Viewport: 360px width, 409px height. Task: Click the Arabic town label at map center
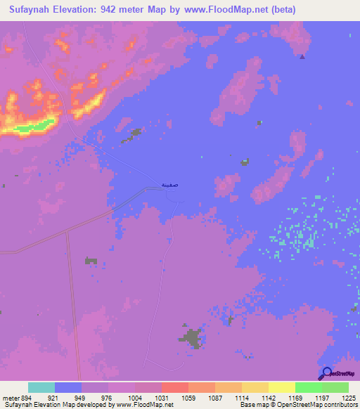(x=169, y=184)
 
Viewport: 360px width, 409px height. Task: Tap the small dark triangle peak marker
(x=302, y=58)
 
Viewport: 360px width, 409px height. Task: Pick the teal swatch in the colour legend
(x=41, y=387)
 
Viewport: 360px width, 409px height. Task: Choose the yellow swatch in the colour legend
(x=281, y=387)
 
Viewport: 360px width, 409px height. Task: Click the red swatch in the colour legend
(x=174, y=387)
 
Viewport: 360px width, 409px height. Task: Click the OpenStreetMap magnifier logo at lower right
(x=326, y=373)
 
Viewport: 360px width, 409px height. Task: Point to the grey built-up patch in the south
(x=190, y=339)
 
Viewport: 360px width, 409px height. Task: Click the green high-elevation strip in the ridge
(x=39, y=126)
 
